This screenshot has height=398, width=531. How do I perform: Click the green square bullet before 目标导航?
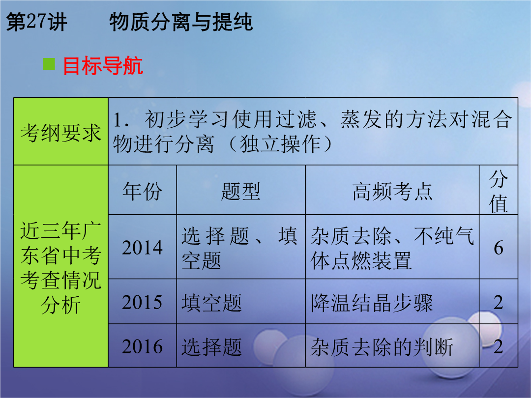49,64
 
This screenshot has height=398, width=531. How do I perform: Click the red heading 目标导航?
103,66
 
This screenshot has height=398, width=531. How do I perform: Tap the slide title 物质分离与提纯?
181,22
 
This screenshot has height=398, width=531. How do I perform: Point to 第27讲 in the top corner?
36,22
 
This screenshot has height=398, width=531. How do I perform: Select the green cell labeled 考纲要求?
61,132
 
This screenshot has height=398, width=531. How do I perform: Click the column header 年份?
143,191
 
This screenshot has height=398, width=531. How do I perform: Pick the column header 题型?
241,191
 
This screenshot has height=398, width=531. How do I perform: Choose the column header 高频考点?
392,191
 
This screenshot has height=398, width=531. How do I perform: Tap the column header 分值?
499,191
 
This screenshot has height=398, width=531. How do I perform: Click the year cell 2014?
143,247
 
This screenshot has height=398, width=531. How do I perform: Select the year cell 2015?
143,302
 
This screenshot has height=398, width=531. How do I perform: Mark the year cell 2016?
143,346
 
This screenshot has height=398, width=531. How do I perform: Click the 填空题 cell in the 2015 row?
211,302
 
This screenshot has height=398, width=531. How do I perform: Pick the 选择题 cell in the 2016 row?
211,346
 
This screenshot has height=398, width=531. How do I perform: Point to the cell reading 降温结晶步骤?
372,302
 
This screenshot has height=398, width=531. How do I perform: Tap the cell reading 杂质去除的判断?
382,346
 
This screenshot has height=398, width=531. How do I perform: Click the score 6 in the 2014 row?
499,248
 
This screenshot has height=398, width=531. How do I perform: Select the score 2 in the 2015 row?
499,302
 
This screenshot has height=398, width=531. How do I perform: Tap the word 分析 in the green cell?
61,305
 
